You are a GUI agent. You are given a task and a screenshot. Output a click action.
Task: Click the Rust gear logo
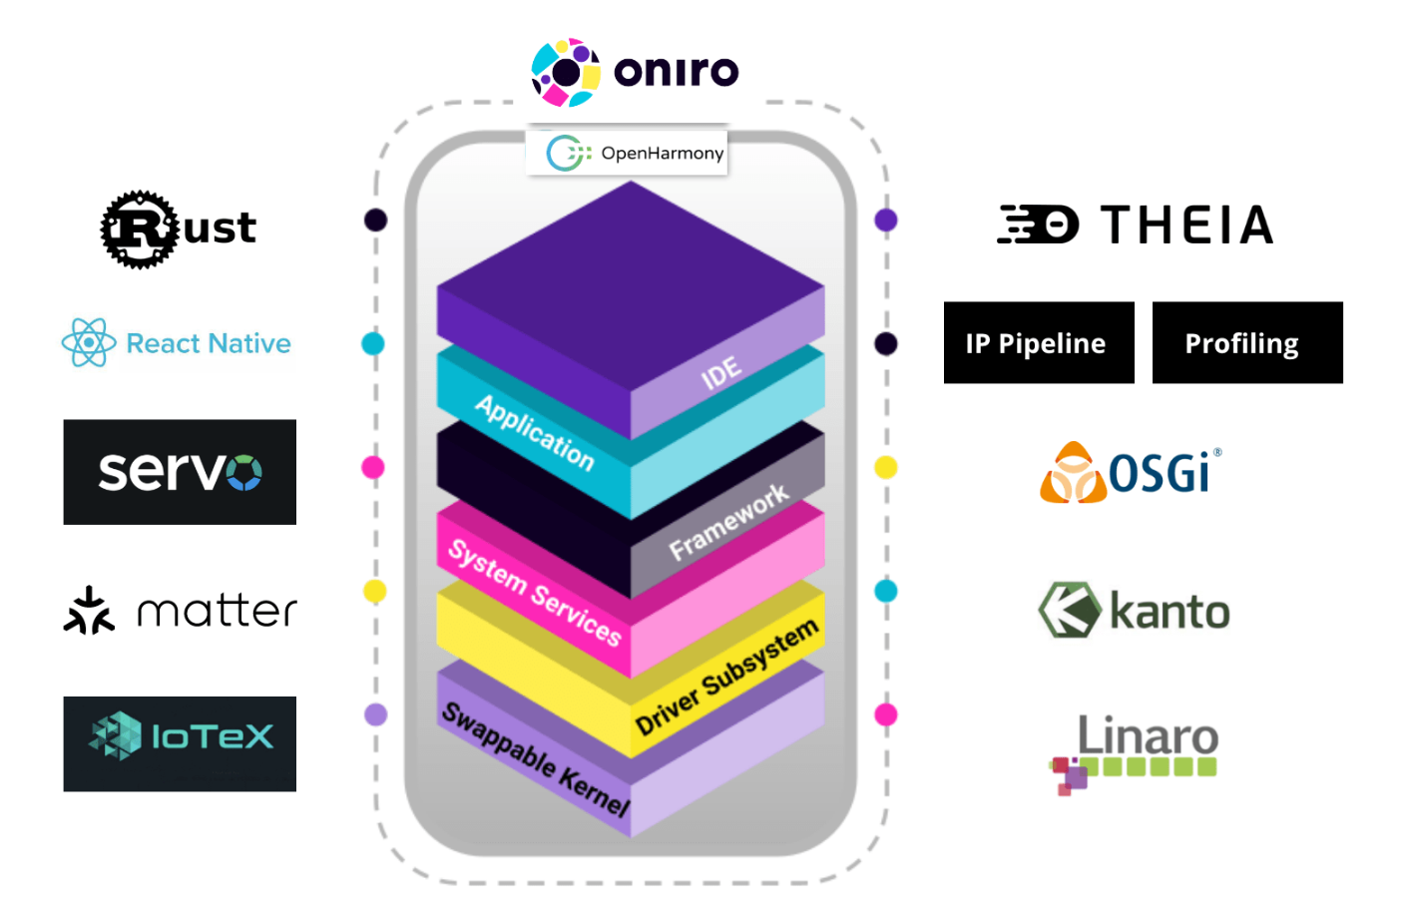[x=139, y=230]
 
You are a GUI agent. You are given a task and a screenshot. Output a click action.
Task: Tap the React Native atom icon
[x=89, y=342]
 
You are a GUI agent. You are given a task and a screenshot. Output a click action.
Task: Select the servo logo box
[x=180, y=472]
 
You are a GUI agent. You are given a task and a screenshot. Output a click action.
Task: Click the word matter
[x=217, y=611]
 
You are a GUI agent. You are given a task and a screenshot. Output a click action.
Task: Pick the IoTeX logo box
[x=180, y=743]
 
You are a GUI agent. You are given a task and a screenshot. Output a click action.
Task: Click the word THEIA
[x=1187, y=225]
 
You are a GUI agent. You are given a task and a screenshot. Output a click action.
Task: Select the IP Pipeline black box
[x=1039, y=342]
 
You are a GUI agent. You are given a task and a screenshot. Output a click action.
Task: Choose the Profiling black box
[x=1247, y=342]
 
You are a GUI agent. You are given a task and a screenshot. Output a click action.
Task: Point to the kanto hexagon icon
[x=1070, y=610]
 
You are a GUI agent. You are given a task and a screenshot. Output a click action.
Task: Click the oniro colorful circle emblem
[x=566, y=72]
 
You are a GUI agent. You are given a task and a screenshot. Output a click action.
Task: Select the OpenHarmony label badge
[x=628, y=153]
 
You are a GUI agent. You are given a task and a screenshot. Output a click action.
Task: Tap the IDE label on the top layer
[x=720, y=373]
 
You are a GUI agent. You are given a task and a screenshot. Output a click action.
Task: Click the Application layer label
[x=535, y=432]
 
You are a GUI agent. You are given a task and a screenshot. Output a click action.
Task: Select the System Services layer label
[x=535, y=593]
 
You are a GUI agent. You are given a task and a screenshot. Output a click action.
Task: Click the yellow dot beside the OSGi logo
[x=885, y=467]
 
